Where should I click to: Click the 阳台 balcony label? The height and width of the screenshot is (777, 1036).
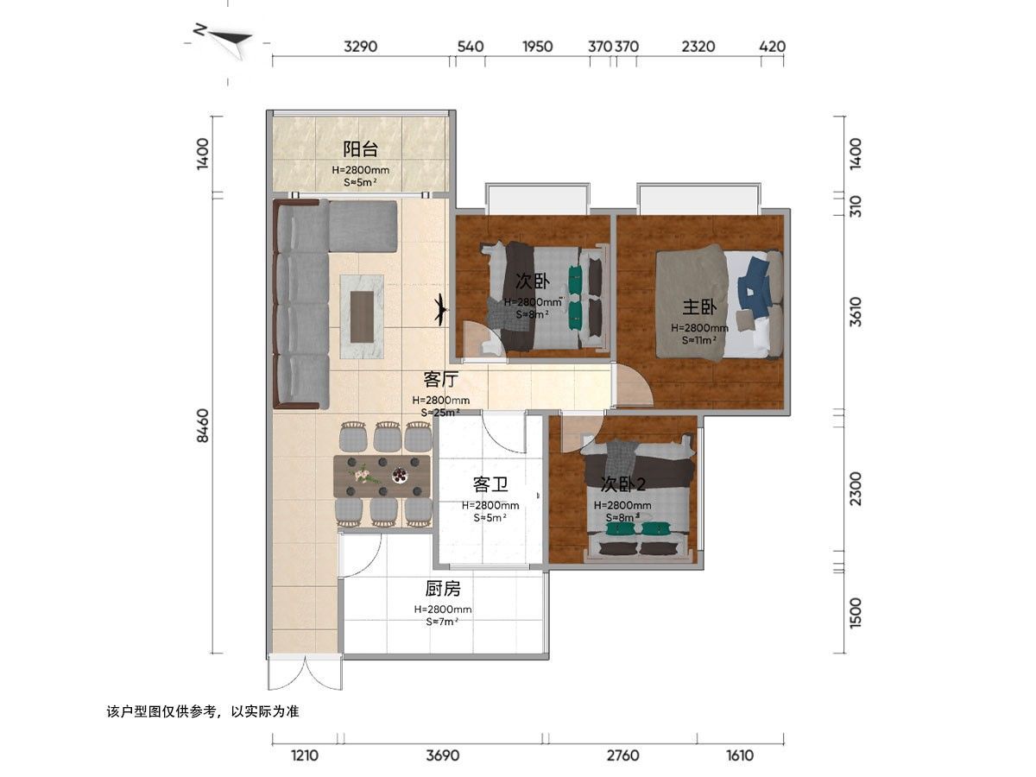tap(360, 149)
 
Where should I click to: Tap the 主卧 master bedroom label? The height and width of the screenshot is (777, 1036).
tap(698, 307)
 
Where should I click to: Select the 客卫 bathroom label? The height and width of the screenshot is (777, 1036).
tap(490, 484)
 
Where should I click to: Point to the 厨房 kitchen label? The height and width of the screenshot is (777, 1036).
tap(442, 588)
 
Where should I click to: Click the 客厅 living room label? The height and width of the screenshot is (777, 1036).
tap(440, 379)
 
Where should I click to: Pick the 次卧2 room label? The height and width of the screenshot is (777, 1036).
tap(622, 484)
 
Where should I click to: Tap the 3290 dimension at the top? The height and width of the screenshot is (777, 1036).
tap(360, 47)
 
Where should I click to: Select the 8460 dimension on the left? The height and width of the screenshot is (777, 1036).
tap(203, 425)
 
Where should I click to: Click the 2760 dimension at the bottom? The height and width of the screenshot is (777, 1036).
tap(622, 755)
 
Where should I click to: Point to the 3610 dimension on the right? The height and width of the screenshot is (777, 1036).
tap(855, 312)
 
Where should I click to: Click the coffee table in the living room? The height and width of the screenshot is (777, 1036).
tap(362, 317)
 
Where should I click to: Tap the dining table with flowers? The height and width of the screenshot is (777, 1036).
tap(382, 476)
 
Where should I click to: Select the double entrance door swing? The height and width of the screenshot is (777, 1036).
tap(305, 673)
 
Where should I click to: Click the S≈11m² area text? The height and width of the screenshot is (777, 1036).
tap(699, 339)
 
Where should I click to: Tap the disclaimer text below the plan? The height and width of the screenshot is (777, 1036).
tap(203, 711)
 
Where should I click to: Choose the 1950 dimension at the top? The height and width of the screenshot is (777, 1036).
tap(537, 47)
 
